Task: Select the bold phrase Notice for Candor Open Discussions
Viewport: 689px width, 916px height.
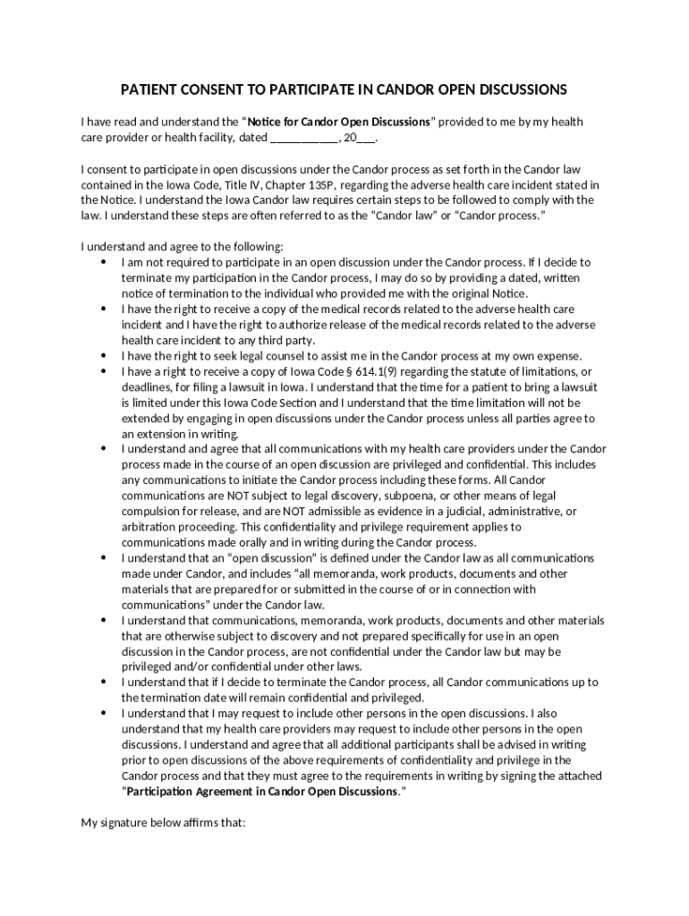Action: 339,122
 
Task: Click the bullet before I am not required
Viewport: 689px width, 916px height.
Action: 104,263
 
